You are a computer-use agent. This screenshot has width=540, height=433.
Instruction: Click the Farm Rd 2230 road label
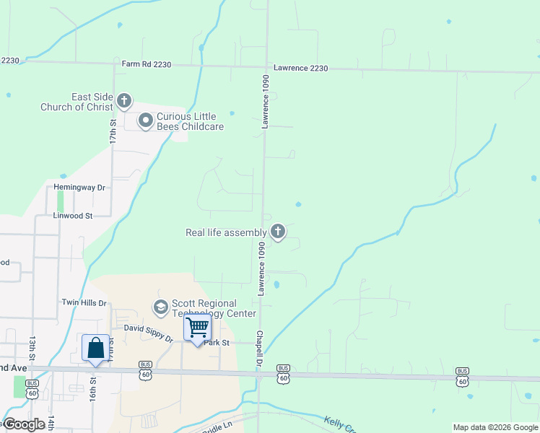click(147, 64)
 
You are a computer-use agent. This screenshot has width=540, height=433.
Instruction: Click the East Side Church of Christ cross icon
click(124, 100)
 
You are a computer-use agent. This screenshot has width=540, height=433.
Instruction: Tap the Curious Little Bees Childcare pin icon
click(146, 121)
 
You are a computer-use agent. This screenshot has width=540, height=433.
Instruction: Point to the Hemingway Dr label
click(80, 188)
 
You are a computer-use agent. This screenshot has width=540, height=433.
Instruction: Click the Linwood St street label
click(73, 215)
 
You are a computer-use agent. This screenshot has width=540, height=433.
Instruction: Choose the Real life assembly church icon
click(277, 232)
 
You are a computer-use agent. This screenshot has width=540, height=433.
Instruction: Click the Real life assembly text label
click(226, 232)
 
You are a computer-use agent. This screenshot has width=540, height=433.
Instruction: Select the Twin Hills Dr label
click(84, 303)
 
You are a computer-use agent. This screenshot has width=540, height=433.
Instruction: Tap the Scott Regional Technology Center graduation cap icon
click(160, 308)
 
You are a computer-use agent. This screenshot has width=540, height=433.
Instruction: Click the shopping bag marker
click(95, 349)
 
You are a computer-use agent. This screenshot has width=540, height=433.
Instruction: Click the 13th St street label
click(32, 349)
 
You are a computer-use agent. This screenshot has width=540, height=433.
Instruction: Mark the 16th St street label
click(92, 380)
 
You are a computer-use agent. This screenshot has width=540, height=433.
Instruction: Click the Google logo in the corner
click(25, 424)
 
